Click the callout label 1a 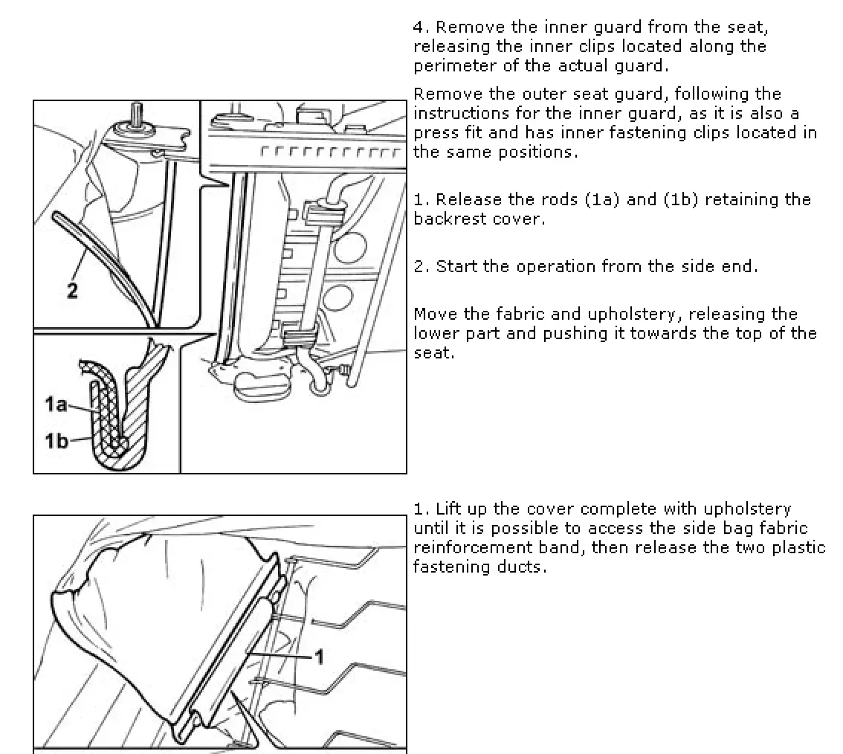56,405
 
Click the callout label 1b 56,441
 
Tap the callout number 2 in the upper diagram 72,291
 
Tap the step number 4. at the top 421,28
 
